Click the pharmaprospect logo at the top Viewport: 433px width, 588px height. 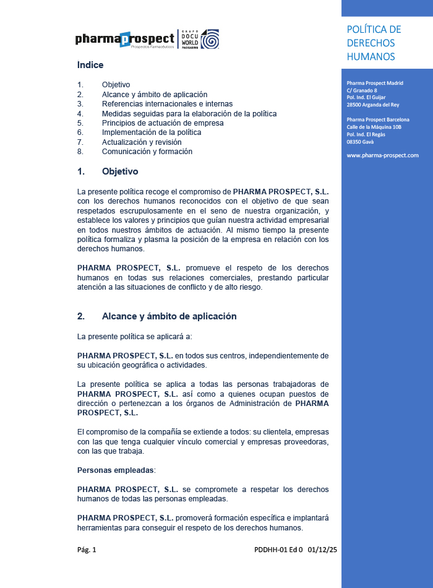(x=125, y=40)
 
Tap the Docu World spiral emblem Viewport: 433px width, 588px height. (x=210, y=39)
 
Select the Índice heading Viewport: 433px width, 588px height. (x=90, y=65)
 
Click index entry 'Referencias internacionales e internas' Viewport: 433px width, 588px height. (x=167, y=104)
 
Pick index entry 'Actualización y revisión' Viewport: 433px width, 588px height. (x=142, y=142)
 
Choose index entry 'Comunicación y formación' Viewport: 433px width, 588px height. (x=147, y=152)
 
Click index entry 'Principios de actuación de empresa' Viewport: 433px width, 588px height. (x=163, y=123)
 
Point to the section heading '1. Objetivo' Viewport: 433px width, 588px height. (x=108, y=171)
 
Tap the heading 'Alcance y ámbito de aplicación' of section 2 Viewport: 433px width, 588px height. (x=169, y=316)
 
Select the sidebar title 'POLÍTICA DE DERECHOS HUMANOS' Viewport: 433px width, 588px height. (x=374, y=43)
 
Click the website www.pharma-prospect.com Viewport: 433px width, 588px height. (x=382, y=155)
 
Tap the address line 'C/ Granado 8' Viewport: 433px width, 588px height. (x=362, y=90)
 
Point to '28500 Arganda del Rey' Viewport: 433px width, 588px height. (x=373, y=105)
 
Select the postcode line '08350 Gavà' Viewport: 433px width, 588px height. (x=360, y=142)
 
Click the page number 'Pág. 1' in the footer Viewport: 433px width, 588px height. (x=87, y=550)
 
